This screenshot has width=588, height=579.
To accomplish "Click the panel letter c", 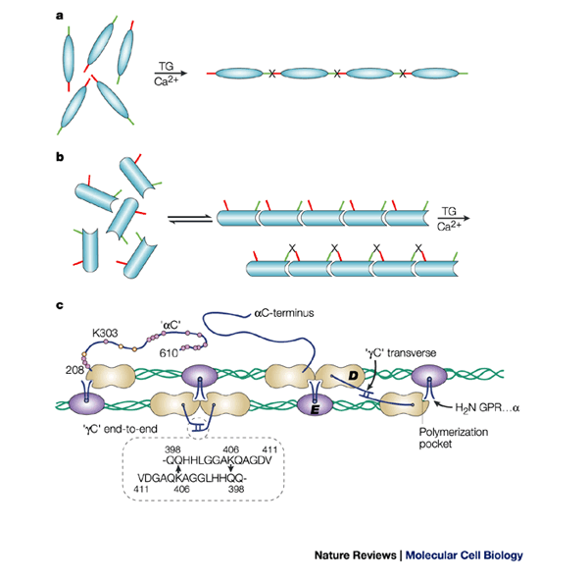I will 60,305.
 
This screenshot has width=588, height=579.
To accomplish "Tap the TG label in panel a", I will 166,66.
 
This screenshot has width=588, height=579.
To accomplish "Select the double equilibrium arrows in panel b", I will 184,221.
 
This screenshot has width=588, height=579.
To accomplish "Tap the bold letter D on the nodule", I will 350,378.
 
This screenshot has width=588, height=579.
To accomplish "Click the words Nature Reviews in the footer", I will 356,553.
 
